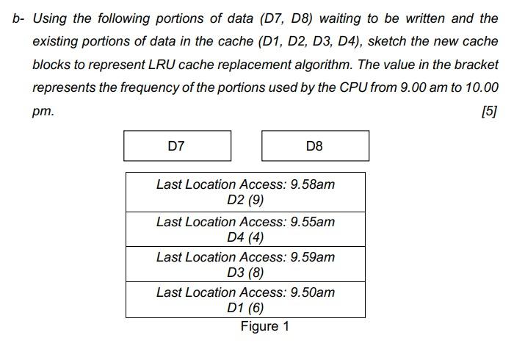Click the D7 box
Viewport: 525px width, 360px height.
[177, 146]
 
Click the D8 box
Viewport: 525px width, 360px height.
[315, 146]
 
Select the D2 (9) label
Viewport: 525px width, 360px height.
[245, 201]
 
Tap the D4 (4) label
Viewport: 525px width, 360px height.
[245, 237]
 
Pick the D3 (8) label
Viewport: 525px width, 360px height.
[245, 273]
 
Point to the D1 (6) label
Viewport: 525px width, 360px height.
[245, 308]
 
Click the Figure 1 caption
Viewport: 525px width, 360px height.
[264, 326]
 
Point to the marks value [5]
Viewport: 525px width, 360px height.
[489, 112]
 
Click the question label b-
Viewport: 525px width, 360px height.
[18, 18]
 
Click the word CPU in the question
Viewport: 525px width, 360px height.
[353, 88]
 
